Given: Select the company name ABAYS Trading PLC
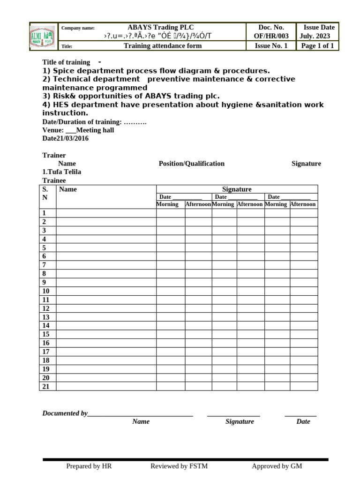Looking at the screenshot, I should [x=160, y=28].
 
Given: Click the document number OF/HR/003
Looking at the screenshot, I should [x=271, y=36].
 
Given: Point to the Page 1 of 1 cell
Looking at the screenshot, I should [x=317, y=46].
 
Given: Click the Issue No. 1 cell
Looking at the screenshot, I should [x=271, y=46].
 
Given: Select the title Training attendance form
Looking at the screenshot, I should [x=163, y=46].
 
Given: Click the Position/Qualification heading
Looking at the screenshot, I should [x=191, y=164].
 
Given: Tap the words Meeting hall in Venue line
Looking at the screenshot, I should [x=95, y=130].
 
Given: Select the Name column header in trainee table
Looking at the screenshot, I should [x=68, y=189].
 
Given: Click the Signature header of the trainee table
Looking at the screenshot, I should [x=237, y=189].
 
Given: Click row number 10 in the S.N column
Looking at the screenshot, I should [x=46, y=291].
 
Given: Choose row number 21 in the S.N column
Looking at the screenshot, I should [x=46, y=386].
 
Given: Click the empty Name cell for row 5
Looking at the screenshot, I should [x=106, y=247].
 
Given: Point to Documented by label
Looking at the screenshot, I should [x=65, y=413].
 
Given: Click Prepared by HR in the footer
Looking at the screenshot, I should [x=89, y=466].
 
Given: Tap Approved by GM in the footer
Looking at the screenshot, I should [x=277, y=466].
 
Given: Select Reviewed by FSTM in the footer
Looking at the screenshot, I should [x=179, y=466].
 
